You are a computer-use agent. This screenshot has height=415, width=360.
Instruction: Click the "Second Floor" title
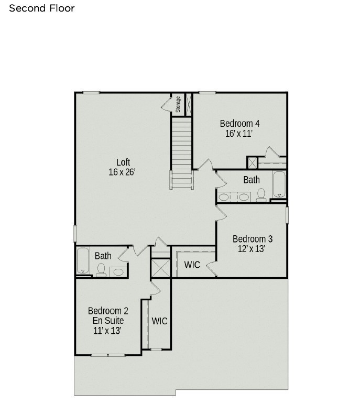click(x=42, y=8)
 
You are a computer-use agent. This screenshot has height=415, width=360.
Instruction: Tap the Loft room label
click(x=123, y=162)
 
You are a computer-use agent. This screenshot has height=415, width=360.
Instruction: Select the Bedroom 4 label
click(x=239, y=123)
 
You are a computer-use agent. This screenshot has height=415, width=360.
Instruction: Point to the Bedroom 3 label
click(x=253, y=239)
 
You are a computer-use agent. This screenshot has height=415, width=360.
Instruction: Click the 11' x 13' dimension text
click(x=107, y=330)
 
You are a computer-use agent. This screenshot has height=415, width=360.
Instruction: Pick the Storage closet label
click(x=178, y=104)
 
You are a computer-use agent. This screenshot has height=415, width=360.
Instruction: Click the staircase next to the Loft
click(x=182, y=153)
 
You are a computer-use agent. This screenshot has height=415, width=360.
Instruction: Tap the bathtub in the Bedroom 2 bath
click(x=83, y=261)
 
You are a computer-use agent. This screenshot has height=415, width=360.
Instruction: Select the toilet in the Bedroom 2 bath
click(x=101, y=270)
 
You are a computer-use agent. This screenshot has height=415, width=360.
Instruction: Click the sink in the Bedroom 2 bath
click(x=118, y=272)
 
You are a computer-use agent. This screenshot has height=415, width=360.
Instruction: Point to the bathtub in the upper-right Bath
click(x=279, y=184)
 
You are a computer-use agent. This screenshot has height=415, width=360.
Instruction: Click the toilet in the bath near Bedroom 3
click(x=261, y=195)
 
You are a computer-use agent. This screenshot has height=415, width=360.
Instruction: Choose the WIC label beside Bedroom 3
click(x=192, y=265)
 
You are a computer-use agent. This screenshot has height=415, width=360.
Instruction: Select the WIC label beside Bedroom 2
click(x=159, y=321)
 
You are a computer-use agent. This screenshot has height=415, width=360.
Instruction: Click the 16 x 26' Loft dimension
click(x=122, y=172)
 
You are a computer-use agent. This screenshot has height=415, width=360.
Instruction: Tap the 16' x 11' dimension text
click(x=239, y=134)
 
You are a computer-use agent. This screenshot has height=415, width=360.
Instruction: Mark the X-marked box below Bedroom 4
click(x=252, y=162)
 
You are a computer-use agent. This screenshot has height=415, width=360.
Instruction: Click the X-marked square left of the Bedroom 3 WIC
click(x=160, y=268)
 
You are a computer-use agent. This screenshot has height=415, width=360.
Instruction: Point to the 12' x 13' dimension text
click(x=252, y=249)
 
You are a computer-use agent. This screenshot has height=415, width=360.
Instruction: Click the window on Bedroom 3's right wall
click(x=287, y=215)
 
